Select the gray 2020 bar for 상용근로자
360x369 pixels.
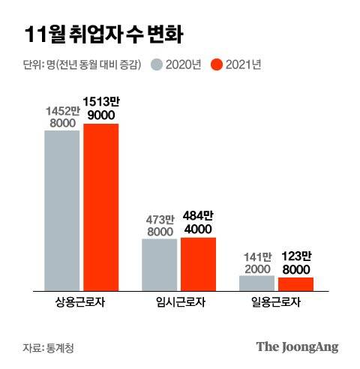point(62,210)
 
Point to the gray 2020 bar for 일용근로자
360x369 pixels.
point(257,282)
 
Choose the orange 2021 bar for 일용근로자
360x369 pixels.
point(295,283)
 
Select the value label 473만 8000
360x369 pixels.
point(160,226)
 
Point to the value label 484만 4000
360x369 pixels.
point(198,224)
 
